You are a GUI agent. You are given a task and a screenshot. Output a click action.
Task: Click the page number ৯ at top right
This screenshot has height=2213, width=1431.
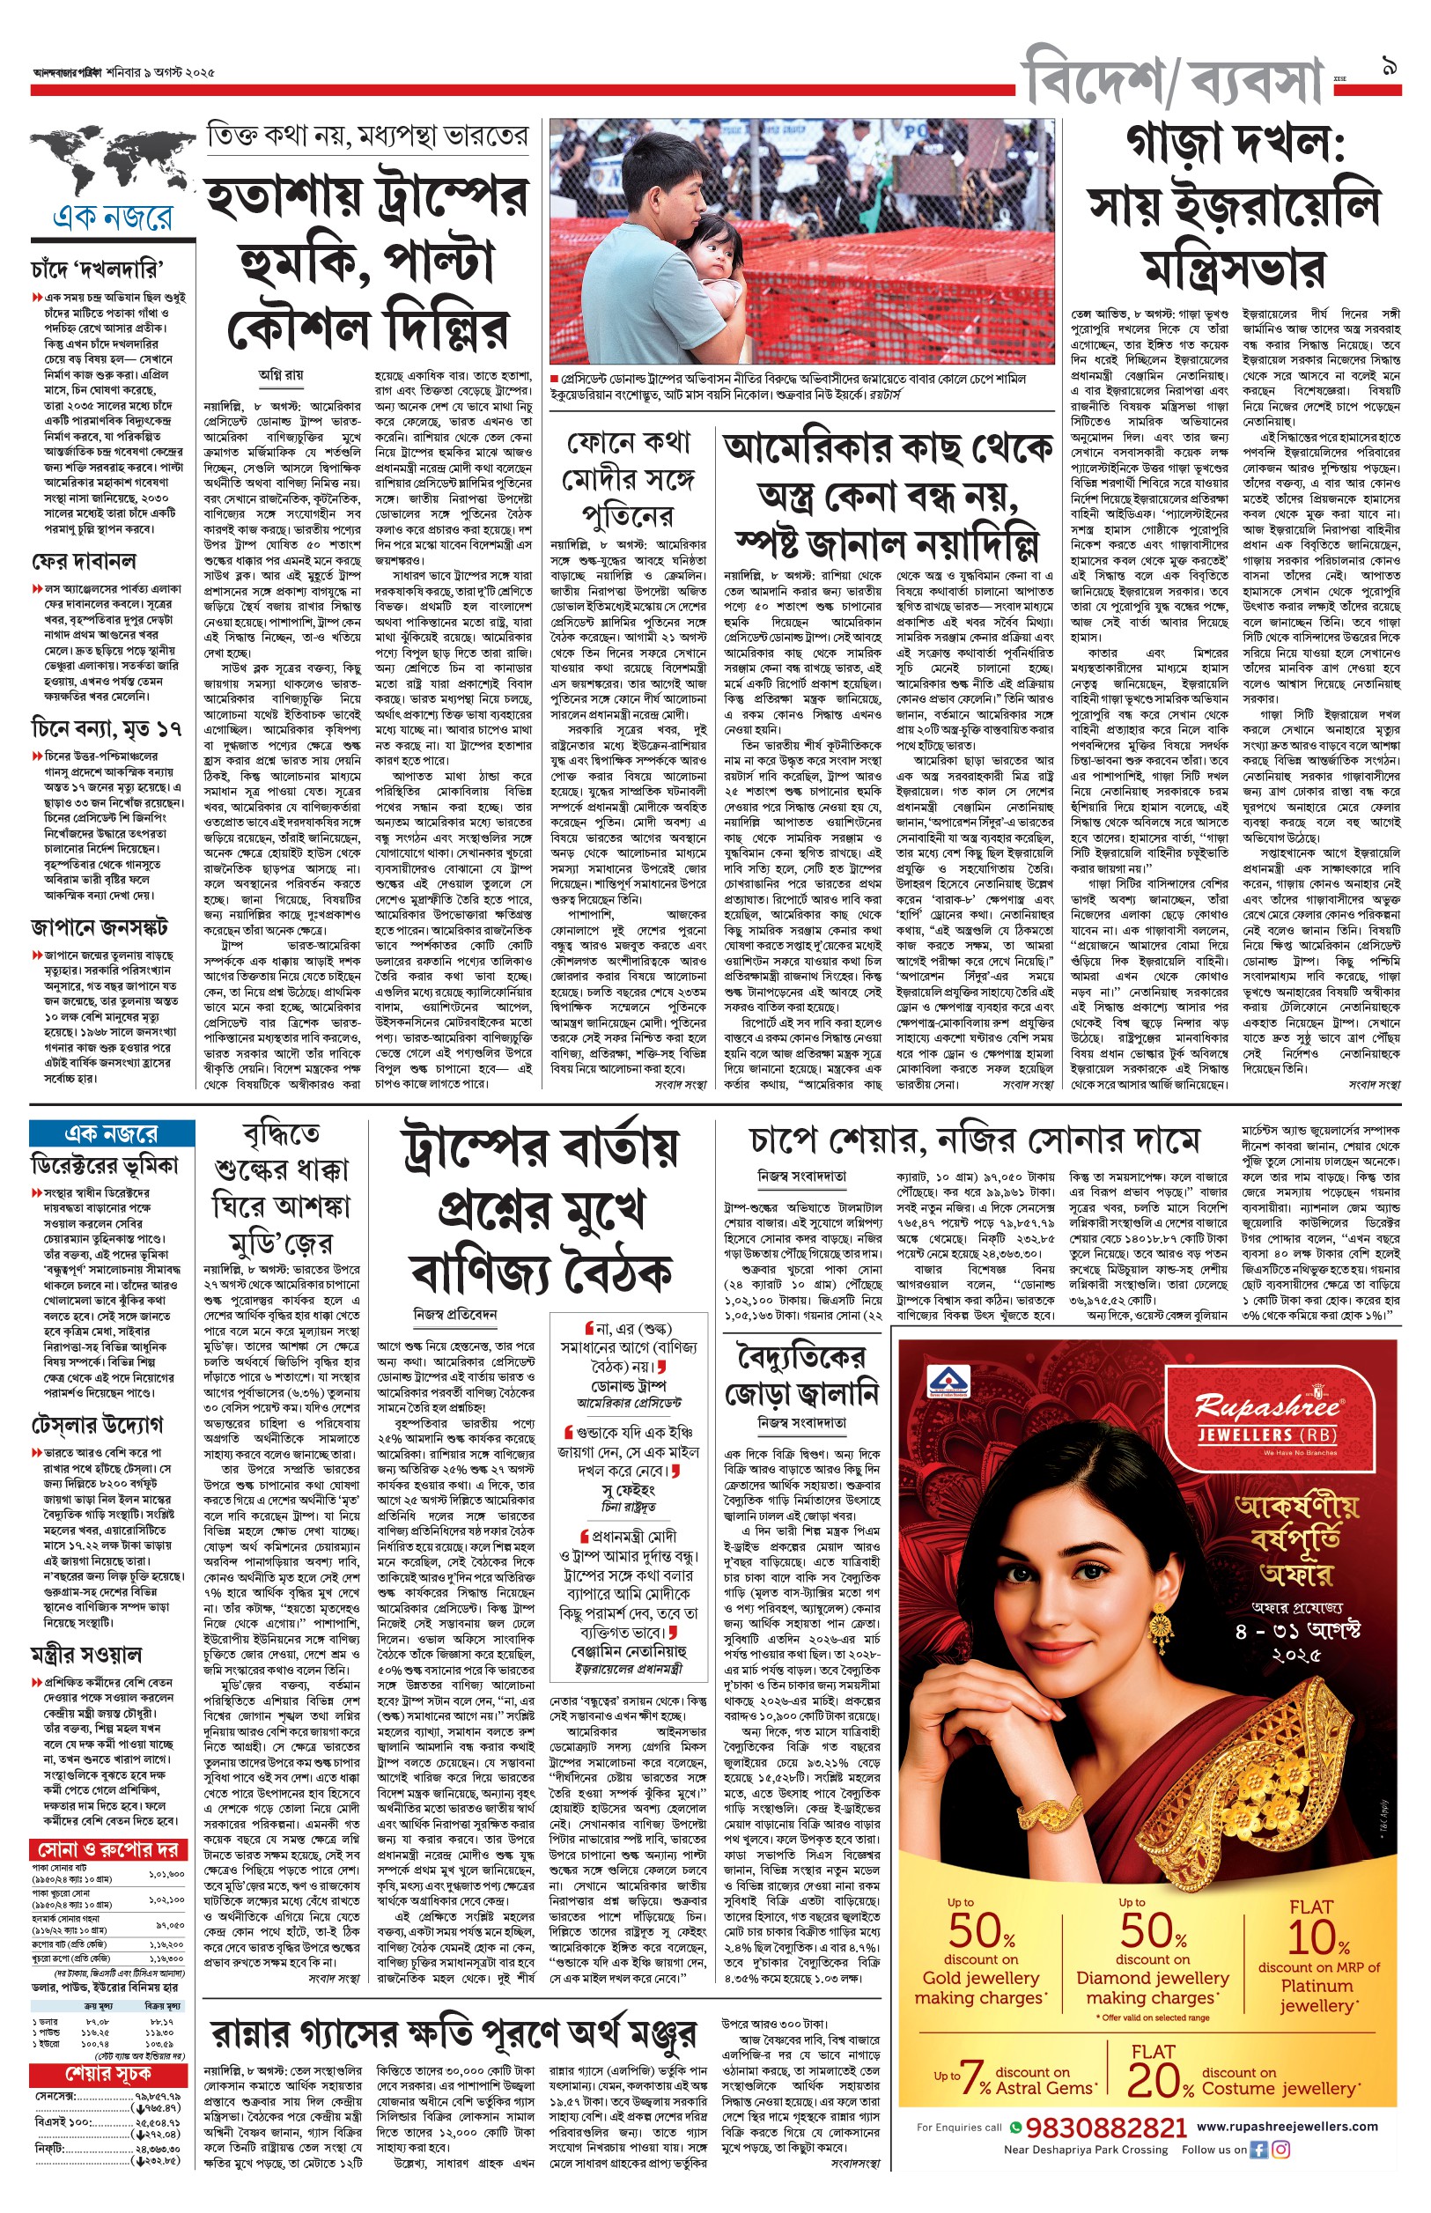point(1390,67)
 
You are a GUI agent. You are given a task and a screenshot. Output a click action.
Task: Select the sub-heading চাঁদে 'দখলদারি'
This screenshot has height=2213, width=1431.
point(97,269)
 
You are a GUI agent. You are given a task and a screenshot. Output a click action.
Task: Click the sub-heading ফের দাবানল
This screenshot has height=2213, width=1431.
point(84,561)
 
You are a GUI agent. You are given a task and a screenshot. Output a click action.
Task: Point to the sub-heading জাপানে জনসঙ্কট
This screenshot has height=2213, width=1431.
point(100,927)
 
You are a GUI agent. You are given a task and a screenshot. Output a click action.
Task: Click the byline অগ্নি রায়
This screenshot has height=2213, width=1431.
point(281,375)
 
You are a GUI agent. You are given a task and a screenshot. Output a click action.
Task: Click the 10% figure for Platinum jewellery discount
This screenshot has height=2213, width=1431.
point(1317,1938)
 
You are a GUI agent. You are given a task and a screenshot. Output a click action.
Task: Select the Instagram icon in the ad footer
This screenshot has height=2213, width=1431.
point(1281,2150)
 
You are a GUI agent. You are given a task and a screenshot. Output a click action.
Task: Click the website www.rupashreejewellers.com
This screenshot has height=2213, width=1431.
point(1287,2126)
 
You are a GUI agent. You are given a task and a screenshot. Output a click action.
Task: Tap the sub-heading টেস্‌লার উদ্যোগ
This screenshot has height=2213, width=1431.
point(98,1424)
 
